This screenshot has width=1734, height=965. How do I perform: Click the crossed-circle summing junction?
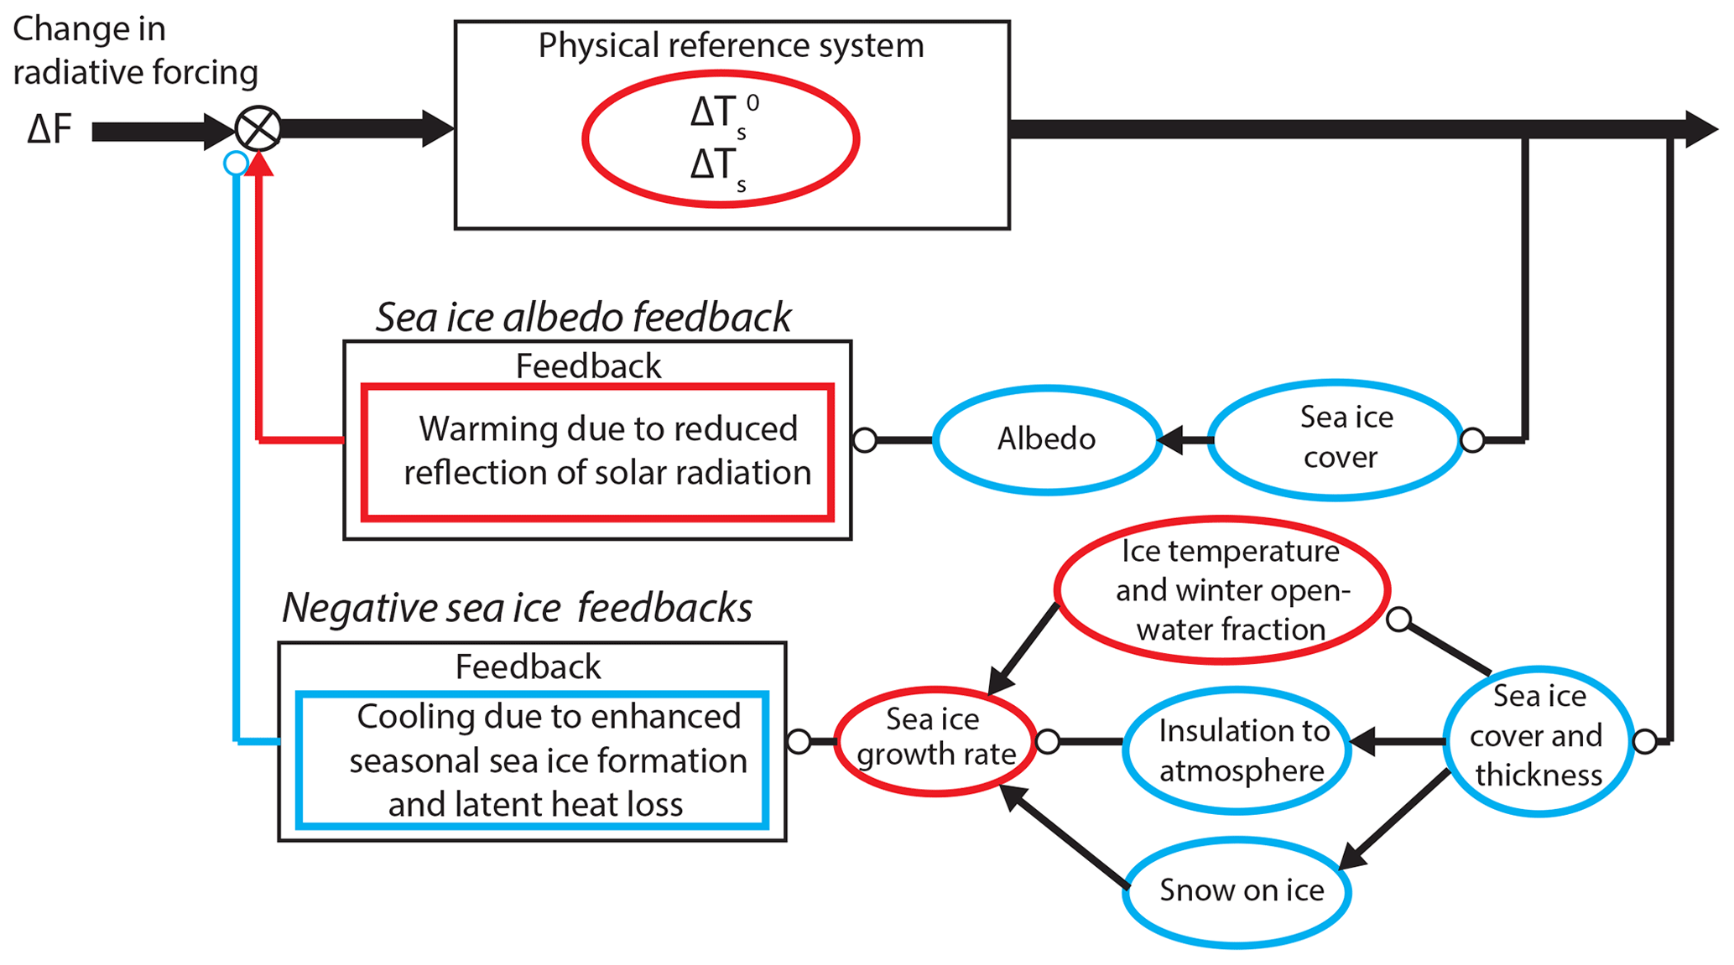point(258,129)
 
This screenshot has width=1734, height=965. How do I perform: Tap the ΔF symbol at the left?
point(49,130)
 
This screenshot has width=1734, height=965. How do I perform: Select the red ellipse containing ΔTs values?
point(721,138)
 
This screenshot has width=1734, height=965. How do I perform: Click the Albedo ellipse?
point(1046,438)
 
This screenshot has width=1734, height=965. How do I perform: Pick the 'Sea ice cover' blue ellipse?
point(1336,438)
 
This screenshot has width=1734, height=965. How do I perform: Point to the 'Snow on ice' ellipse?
point(1237,891)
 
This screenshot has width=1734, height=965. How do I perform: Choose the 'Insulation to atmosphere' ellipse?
point(1237,750)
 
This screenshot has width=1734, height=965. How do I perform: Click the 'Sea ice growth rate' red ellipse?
point(935,739)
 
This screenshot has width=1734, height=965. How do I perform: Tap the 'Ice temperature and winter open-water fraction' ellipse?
point(1222,590)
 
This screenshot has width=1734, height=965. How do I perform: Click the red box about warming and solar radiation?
point(597,452)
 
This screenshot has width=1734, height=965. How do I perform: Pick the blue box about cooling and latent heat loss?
point(533,760)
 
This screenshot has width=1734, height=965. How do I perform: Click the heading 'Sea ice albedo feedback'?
point(583,317)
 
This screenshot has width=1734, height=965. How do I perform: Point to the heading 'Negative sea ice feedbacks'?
point(517,607)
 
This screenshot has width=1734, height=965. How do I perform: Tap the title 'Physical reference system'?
point(731,45)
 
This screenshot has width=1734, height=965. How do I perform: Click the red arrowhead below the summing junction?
point(260,163)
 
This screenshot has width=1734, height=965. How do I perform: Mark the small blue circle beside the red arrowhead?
point(237,163)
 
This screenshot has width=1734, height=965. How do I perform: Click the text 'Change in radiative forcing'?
point(134,50)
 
